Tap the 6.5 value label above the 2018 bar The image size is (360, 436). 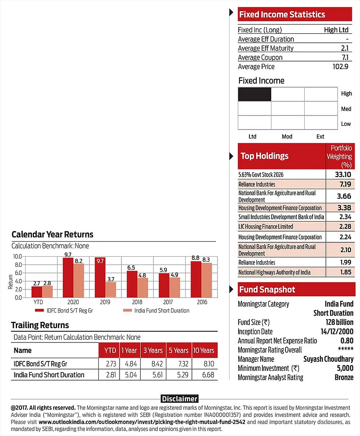132,267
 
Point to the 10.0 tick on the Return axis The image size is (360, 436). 18,256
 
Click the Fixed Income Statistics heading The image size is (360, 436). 282,14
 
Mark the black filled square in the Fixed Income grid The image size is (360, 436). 254,94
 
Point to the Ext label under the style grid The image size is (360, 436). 320,136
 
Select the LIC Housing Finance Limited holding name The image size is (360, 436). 266,227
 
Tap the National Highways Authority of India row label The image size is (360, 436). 275,272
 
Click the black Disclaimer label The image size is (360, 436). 180,399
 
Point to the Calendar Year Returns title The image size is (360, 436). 52,234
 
